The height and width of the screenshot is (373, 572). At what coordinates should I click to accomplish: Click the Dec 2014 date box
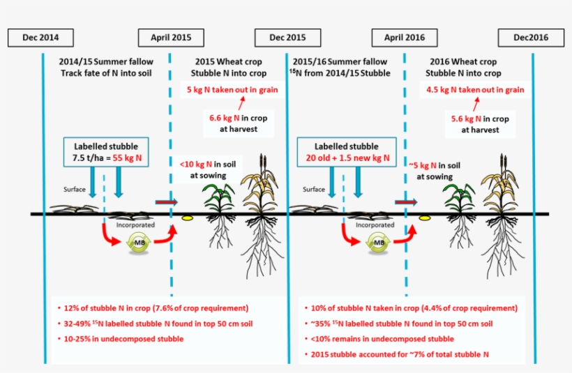click(x=40, y=38)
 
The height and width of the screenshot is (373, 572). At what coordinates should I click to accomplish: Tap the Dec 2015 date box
click(x=287, y=38)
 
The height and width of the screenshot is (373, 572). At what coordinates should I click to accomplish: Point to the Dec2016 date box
click(x=531, y=38)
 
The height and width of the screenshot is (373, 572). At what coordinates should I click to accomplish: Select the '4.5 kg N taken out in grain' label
click(x=475, y=90)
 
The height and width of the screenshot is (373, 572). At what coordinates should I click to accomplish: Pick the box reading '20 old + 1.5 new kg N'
click(x=342, y=153)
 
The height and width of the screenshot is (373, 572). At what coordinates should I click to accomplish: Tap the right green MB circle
click(x=379, y=243)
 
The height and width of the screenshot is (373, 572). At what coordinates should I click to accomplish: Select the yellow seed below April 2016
click(x=423, y=218)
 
